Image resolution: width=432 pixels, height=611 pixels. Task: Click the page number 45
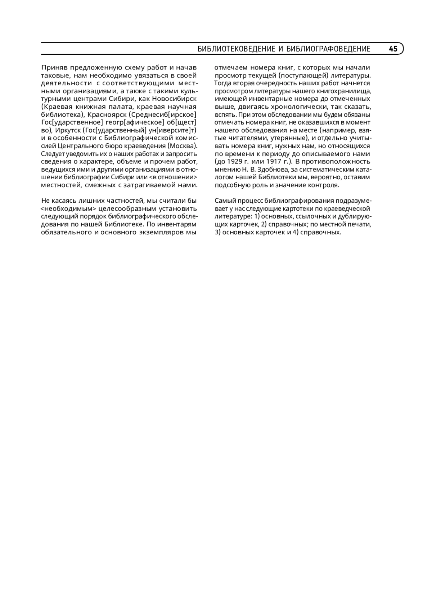pos(393,49)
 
